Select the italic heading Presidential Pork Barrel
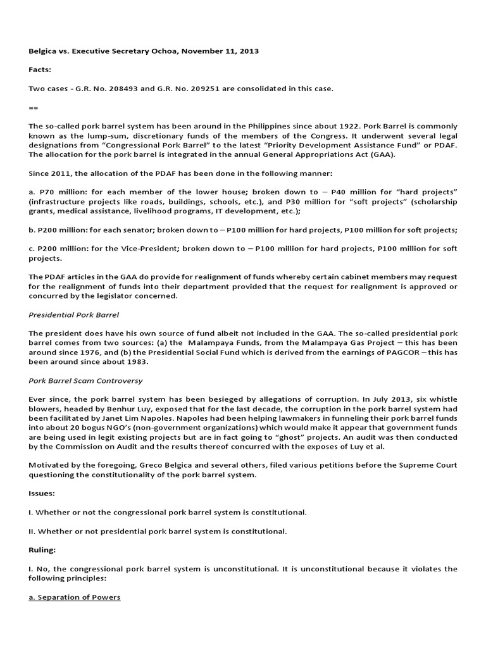pos(73,314)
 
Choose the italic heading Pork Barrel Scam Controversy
pos(85,380)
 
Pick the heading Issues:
pos(42,493)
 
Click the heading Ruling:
pos(42,550)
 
